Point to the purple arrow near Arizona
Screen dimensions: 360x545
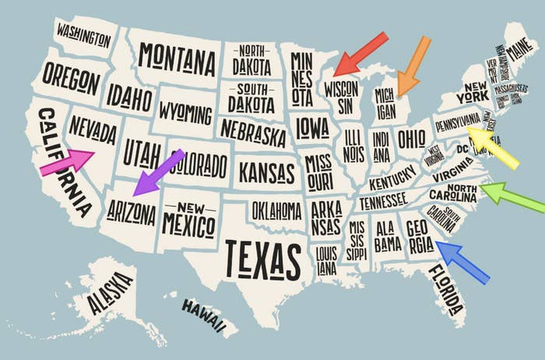click(159, 171)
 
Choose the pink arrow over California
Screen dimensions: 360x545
click(67, 162)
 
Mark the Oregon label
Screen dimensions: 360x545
click(71, 79)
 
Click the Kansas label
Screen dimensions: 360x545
click(267, 171)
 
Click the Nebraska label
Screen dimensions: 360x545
click(253, 132)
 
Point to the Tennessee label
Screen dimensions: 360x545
click(383, 200)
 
